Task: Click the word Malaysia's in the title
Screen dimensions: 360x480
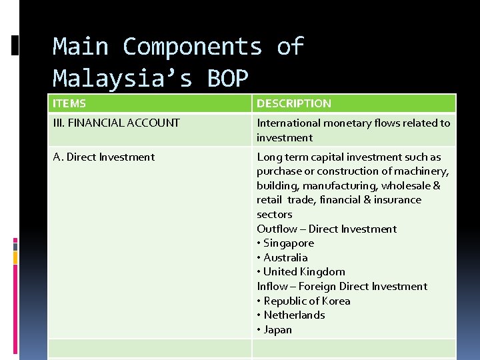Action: [x=123, y=78]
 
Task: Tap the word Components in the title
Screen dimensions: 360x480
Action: [x=192, y=47]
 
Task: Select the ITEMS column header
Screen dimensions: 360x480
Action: [x=69, y=103]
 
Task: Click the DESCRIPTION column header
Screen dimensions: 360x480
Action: [x=294, y=103]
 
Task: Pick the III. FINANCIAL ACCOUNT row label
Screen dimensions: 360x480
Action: [x=117, y=123]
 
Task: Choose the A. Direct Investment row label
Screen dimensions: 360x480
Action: [x=104, y=157]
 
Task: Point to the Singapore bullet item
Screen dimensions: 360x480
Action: [x=288, y=243]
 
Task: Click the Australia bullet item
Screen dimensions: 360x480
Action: [x=285, y=258]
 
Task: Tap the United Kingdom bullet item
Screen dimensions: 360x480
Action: [x=304, y=272]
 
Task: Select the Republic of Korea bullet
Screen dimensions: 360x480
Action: [x=307, y=301]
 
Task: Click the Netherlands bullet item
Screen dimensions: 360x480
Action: [x=294, y=315]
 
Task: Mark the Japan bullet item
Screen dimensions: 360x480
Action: [x=277, y=330]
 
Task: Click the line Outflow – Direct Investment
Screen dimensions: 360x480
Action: [x=327, y=229]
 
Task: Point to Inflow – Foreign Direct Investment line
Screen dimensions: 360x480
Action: [x=342, y=287]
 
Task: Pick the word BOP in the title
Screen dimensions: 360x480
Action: [x=227, y=78]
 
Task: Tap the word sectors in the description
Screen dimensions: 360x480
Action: [x=275, y=215]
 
